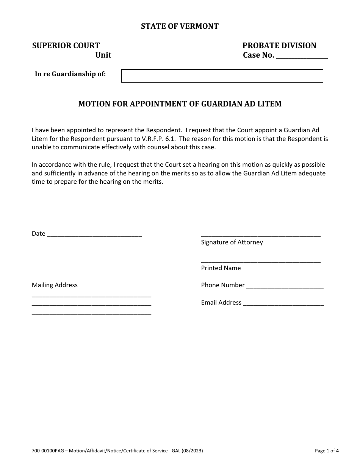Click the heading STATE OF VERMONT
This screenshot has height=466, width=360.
pos(180,26)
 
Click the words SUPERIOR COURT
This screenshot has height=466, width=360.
pos(66,45)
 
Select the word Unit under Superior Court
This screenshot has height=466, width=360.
pos(103,55)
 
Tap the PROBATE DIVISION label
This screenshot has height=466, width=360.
pos(279,45)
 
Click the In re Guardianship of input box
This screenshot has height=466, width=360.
pos(222,76)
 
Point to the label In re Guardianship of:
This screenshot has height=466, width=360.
pos(70,74)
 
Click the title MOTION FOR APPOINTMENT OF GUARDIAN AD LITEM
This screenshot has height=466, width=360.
pos(180,103)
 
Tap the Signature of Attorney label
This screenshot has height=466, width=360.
pos(232,242)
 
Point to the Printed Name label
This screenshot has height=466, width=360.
pos(221,268)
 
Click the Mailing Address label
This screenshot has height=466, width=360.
pos(55,285)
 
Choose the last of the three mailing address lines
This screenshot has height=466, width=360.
pos(91,313)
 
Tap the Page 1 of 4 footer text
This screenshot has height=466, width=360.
pos(327,451)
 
